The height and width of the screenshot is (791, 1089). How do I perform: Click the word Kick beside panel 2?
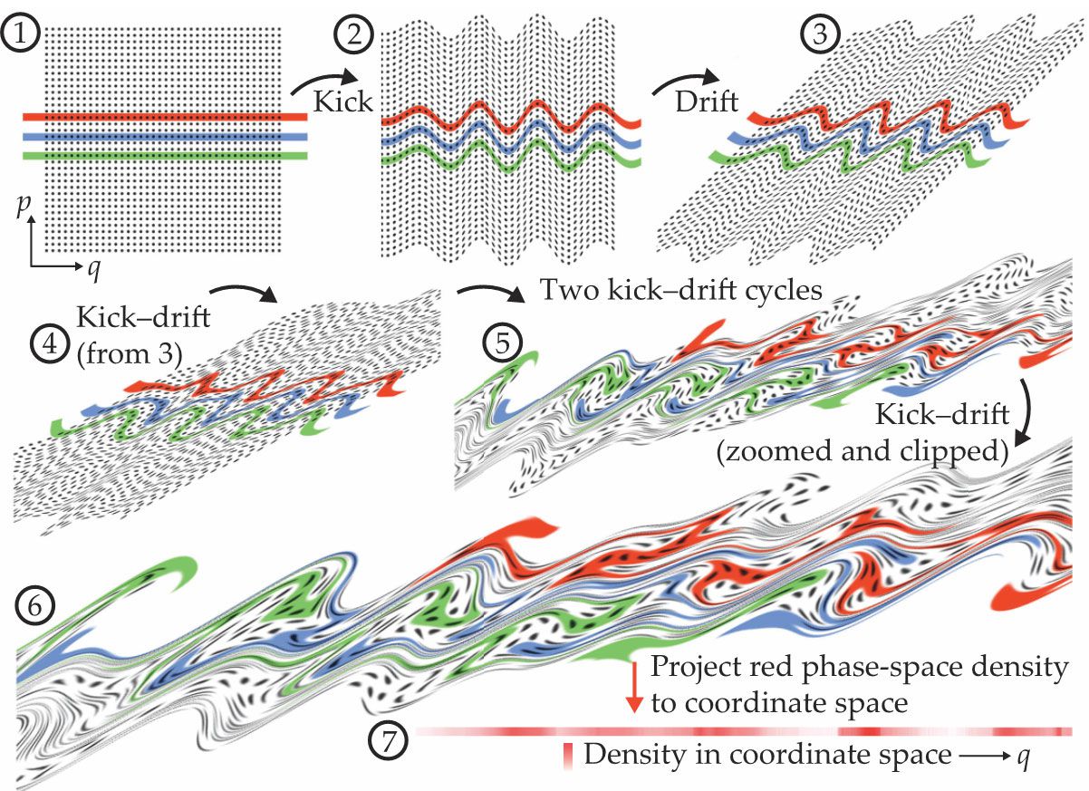point(342,101)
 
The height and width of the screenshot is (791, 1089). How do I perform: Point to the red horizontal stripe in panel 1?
point(163,117)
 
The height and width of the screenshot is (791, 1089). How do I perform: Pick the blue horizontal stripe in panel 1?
point(163,137)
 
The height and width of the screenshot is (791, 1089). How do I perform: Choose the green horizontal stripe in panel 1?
point(163,156)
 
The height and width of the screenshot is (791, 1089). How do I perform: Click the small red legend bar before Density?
point(569,756)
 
